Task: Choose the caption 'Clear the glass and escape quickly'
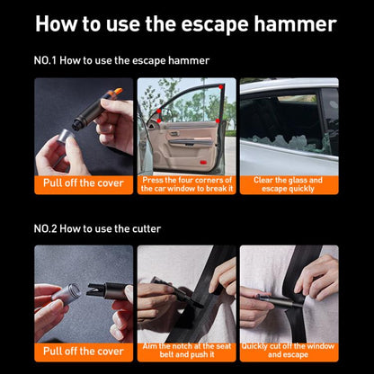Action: click(x=289, y=183)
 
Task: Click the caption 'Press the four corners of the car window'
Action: click(x=186, y=183)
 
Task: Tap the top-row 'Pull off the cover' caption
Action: click(x=84, y=184)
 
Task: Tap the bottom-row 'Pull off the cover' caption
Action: click(x=84, y=351)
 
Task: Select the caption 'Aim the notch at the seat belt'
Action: click(x=186, y=352)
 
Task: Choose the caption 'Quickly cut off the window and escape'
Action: click(x=289, y=352)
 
